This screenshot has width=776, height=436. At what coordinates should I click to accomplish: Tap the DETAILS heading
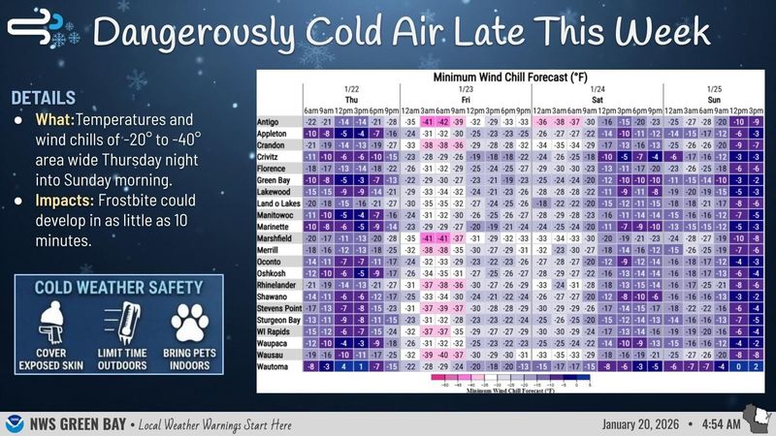point(44,98)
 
